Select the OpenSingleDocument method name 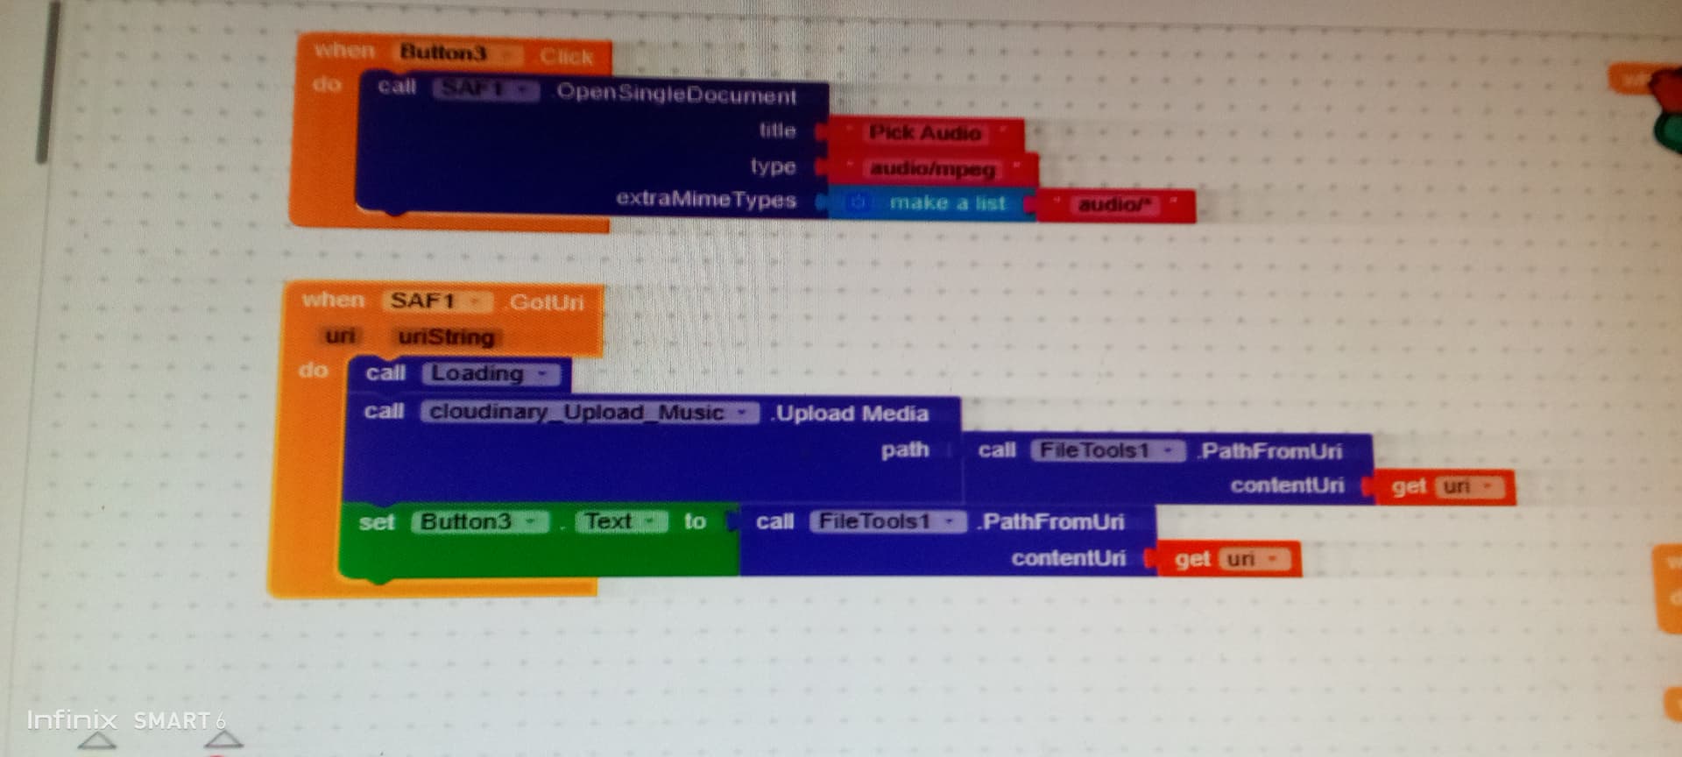pos(676,94)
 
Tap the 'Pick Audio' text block pos(924,133)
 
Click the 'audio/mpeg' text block pos(932,168)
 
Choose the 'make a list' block pos(946,204)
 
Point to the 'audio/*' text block pos(1114,206)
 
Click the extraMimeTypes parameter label pos(705,200)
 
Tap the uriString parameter pos(446,337)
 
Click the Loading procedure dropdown pos(490,374)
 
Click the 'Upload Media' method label pos(851,414)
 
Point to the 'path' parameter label pos(904,450)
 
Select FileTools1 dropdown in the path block pos(1106,451)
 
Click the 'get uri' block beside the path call pos(1443,487)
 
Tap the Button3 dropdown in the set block pos(478,522)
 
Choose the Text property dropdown pos(620,522)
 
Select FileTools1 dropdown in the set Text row pos(887,522)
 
